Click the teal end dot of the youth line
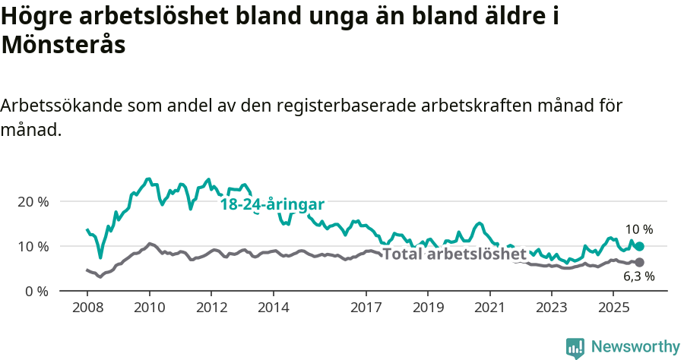point(640,246)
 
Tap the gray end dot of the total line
point(640,263)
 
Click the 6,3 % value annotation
point(638,277)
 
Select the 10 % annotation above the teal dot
point(638,229)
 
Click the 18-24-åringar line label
point(272,204)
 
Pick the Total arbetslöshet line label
point(454,254)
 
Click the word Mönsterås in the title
point(63,45)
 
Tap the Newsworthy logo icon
point(575,347)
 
